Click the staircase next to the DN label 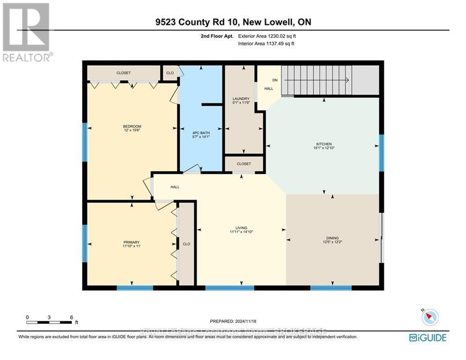(318, 80)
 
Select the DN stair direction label (275, 80)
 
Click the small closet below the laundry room (244, 164)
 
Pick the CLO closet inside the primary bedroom (186, 244)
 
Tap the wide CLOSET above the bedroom (124, 73)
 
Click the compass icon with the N (429, 317)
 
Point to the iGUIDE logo (428, 337)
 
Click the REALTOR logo (27, 32)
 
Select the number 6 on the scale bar (71, 317)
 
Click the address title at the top (233, 22)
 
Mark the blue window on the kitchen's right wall (381, 153)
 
